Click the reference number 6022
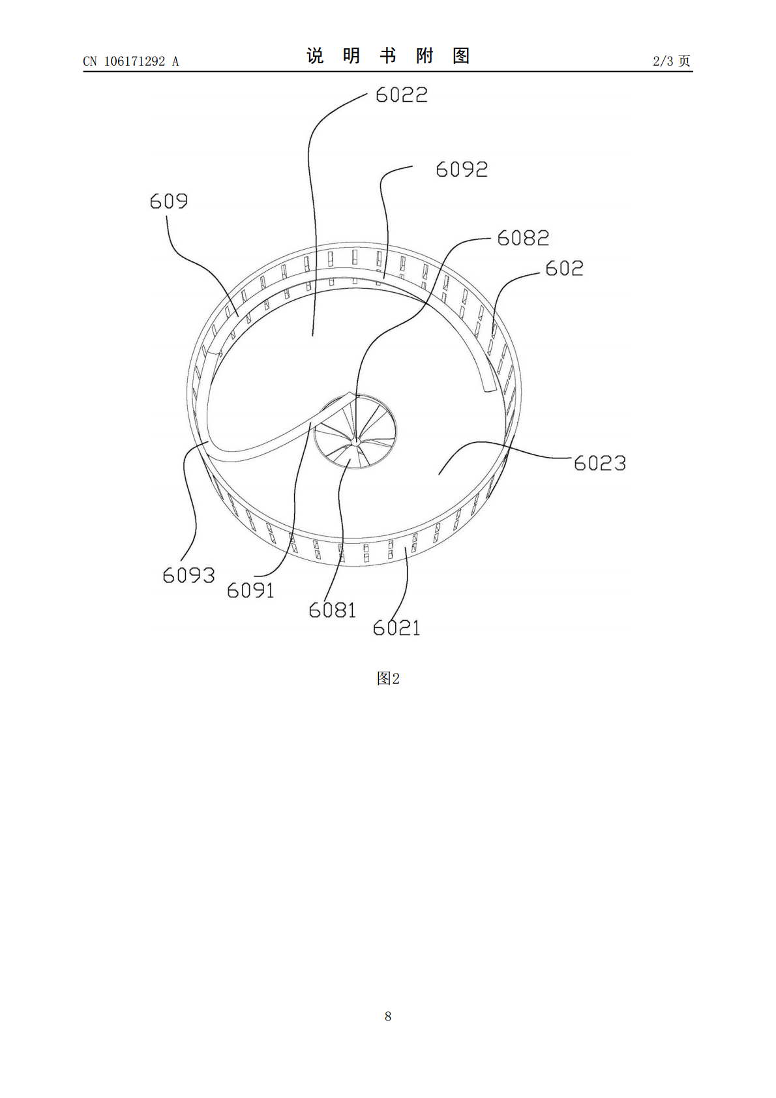coord(402,95)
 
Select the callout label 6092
coord(462,169)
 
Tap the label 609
coord(169,201)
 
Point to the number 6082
coord(523,238)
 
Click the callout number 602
coord(564,268)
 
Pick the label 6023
coord(600,463)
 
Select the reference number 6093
coord(188,575)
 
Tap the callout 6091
coord(250,590)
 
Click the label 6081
coord(333,610)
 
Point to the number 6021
coord(396,628)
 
